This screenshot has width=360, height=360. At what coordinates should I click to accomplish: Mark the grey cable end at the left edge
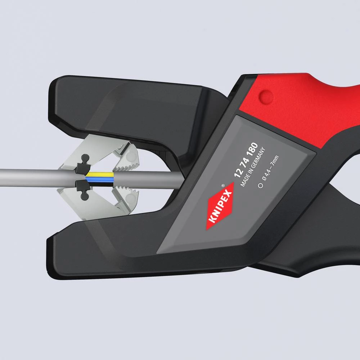pos(5,175)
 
